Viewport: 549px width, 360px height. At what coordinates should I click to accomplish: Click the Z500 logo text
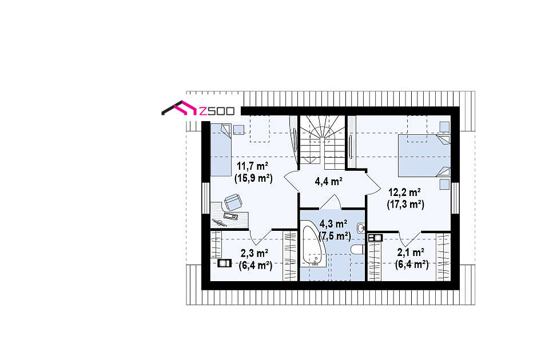tap(216, 111)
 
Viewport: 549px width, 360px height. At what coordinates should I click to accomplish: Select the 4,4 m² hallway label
tap(328, 181)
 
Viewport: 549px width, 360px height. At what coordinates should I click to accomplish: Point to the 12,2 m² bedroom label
tap(404, 192)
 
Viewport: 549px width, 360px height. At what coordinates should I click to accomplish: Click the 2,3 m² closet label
tap(254, 253)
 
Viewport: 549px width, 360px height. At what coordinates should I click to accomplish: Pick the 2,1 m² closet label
tap(411, 252)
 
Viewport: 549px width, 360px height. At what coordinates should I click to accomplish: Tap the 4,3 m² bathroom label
tap(333, 223)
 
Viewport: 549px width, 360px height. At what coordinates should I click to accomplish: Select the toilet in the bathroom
tap(357, 250)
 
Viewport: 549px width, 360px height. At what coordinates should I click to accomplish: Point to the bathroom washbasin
tap(361, 229)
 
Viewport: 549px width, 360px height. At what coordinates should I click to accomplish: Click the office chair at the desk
tap(233, 202)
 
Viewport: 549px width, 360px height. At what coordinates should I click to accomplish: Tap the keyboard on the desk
tap(230, 215)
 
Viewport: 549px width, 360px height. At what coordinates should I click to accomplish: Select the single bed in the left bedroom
tap(221, 150)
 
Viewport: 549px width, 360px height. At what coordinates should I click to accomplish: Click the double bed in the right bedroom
tap(424, 155)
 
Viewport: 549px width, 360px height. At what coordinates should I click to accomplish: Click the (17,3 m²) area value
tap(405, 205)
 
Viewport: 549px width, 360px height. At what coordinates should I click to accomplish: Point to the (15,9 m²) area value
tap(253, 178)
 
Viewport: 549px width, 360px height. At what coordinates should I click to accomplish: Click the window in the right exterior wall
tap(455, 198)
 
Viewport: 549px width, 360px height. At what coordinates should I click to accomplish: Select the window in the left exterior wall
tap(206, 198)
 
